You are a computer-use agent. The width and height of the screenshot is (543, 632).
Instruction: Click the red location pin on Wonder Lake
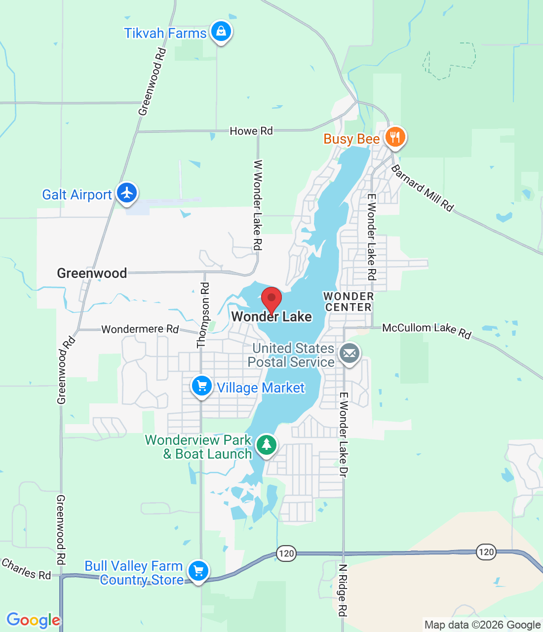271,299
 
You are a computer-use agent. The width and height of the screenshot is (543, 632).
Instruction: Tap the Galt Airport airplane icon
127,193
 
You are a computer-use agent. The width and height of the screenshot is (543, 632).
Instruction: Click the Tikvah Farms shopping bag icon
221,32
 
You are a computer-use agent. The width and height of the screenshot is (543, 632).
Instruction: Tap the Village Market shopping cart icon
201,386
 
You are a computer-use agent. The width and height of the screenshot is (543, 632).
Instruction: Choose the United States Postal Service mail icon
349,354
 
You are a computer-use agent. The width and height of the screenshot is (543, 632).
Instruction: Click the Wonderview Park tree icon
266,444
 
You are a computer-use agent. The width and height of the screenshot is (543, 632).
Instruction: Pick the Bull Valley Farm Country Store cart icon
198,571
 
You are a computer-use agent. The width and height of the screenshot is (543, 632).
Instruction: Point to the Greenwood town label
92,273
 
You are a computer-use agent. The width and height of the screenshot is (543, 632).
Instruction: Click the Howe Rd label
251,131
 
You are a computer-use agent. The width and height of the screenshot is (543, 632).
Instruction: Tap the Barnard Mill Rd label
423,188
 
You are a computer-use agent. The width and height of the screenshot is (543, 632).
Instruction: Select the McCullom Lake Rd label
427,330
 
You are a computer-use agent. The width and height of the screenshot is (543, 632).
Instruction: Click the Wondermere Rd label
140,329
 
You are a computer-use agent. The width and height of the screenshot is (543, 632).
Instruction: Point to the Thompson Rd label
203,315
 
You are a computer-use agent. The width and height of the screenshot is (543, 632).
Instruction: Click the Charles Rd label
26,568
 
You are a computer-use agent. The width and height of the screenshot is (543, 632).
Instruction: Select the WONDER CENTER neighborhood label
349,302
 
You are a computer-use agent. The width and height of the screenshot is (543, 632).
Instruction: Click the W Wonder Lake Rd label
258,204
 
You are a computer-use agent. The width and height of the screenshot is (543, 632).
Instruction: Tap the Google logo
33,620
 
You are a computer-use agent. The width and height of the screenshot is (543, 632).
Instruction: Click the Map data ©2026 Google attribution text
482,625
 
